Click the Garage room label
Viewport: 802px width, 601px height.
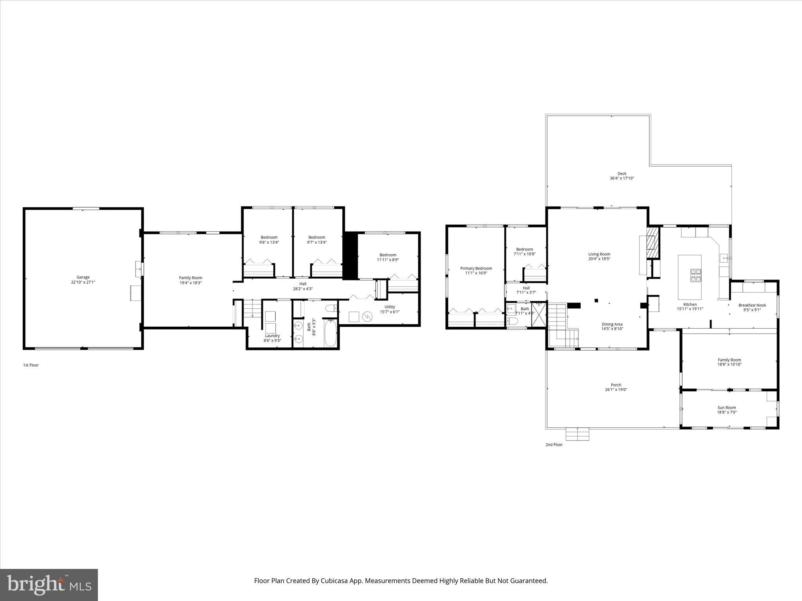click(x=83, y=277)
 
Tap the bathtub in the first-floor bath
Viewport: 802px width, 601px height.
click(x=330, y=333)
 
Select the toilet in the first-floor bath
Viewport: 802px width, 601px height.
click(x=331, y=308)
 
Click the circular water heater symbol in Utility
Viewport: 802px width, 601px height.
click(x=367, y=316)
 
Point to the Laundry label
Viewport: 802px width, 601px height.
click(x=272, y=336)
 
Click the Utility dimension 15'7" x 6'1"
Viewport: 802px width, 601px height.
click(x=390, y=312)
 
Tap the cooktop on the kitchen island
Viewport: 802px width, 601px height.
click(x=696, y=275)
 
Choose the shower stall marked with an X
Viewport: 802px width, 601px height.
click(x=538, y=315)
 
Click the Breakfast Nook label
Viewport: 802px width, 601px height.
click(x=752, y=305)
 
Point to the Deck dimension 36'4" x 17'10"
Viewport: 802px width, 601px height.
click(x=621, y=178)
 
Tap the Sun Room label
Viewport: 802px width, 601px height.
click(x=726, y=407)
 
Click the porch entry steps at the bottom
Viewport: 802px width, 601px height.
click(x=577, y=434)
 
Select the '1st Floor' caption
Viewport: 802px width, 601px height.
click(x=31, y=365)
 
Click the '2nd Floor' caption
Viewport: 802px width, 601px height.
click(x=554, y=444)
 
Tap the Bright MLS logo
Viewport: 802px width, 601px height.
click(x=49, y=585)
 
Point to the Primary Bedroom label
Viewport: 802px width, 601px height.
click(x=476, y=268)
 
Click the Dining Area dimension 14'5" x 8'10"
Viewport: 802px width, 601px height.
click(x=612, y=329)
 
